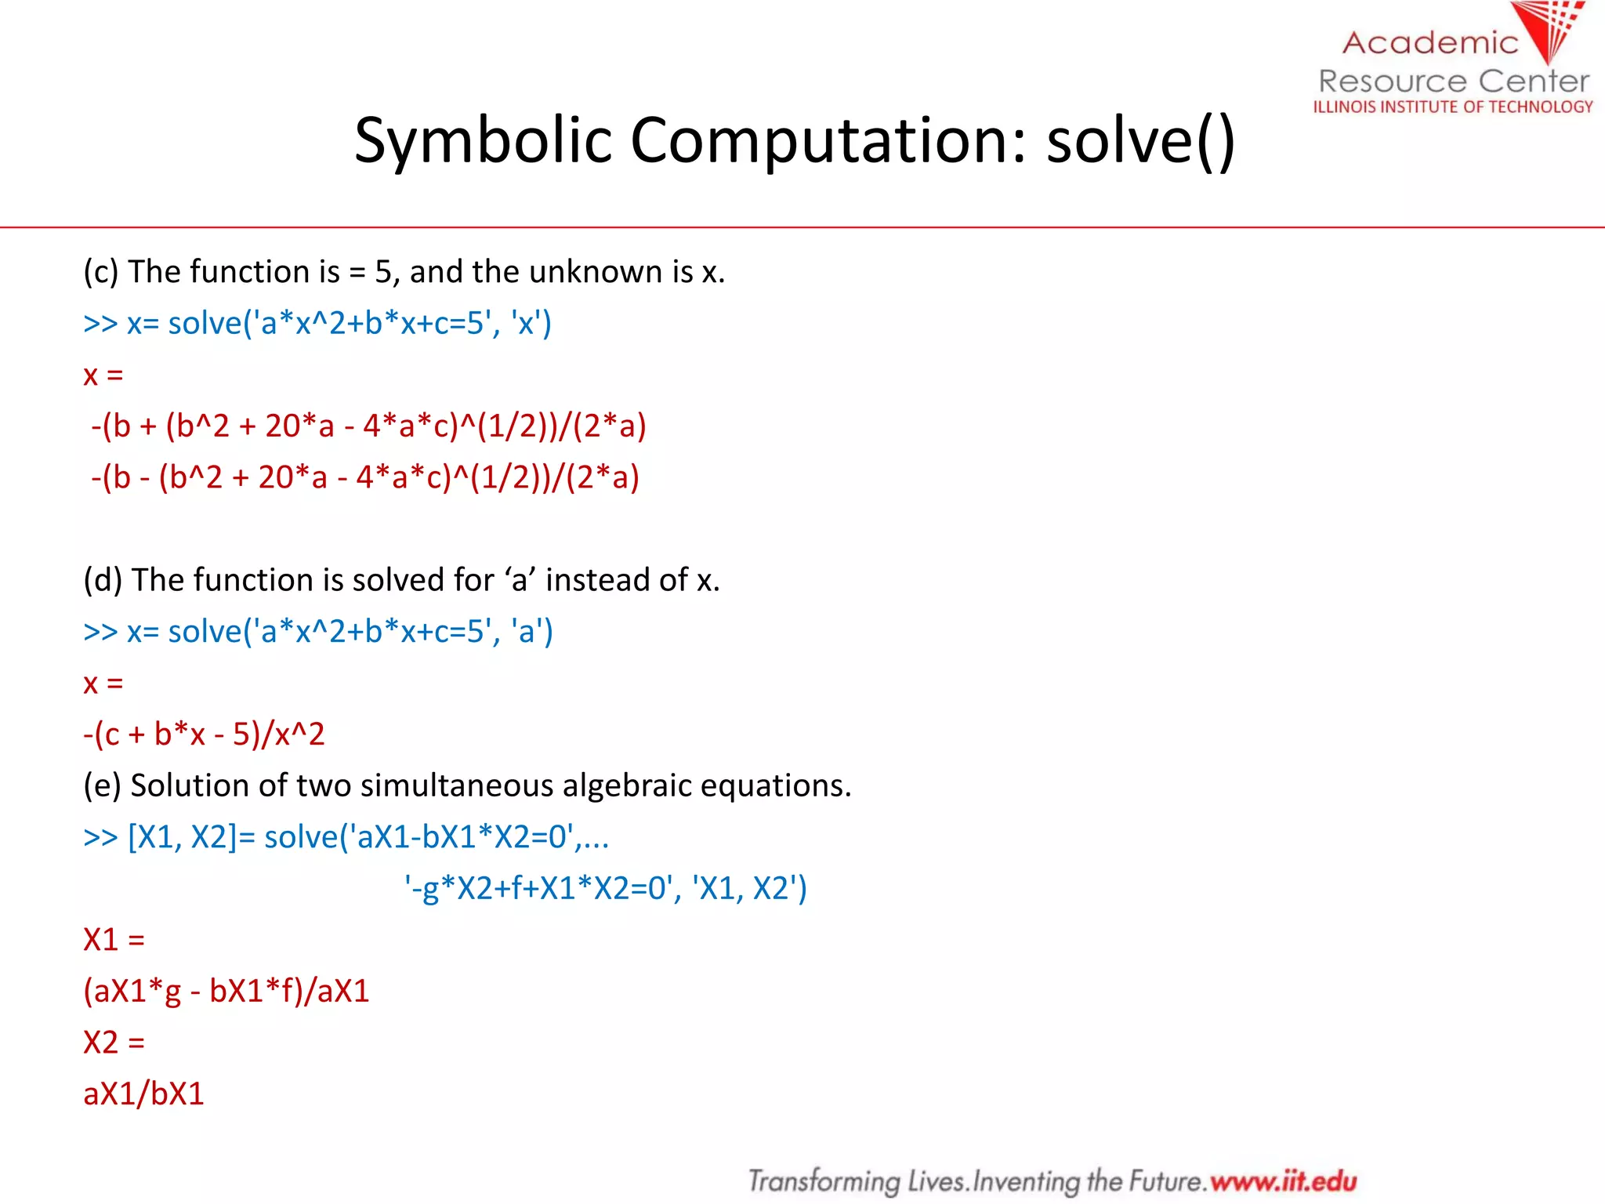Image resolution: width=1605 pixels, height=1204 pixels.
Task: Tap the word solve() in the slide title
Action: click(1140, 141)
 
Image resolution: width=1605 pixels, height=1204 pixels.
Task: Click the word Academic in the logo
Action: click(1430, 42)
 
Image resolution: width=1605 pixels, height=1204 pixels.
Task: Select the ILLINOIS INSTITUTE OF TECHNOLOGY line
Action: click(1453, 107)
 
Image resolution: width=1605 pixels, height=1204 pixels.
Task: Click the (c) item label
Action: click(100, 272)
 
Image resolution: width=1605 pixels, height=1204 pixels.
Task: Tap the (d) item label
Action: click(102, 580)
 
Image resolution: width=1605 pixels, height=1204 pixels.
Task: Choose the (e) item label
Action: click(102, 785)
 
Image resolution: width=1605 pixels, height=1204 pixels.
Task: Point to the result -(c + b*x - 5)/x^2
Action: click(204, 734)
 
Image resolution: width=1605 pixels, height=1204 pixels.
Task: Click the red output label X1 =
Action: click(114, 939)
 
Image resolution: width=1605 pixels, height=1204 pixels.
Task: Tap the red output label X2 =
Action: click(114, 1043)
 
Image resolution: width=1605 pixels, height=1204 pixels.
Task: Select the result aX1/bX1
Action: click(143, 1093)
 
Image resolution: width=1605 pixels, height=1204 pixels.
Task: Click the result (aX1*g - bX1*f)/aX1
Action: click(226, 991)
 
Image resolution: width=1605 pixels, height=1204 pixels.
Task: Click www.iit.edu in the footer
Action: click(1283, 1180)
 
